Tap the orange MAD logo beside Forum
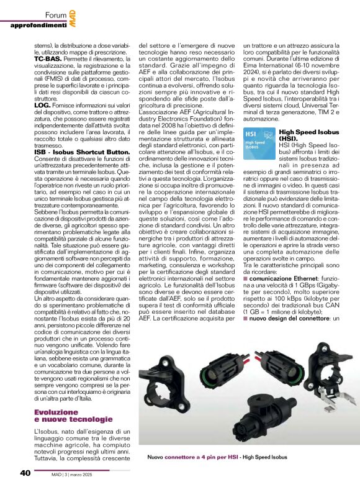(x=73, y=17)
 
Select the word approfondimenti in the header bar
(x=38, y=25)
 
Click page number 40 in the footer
(x=25, y=473)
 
